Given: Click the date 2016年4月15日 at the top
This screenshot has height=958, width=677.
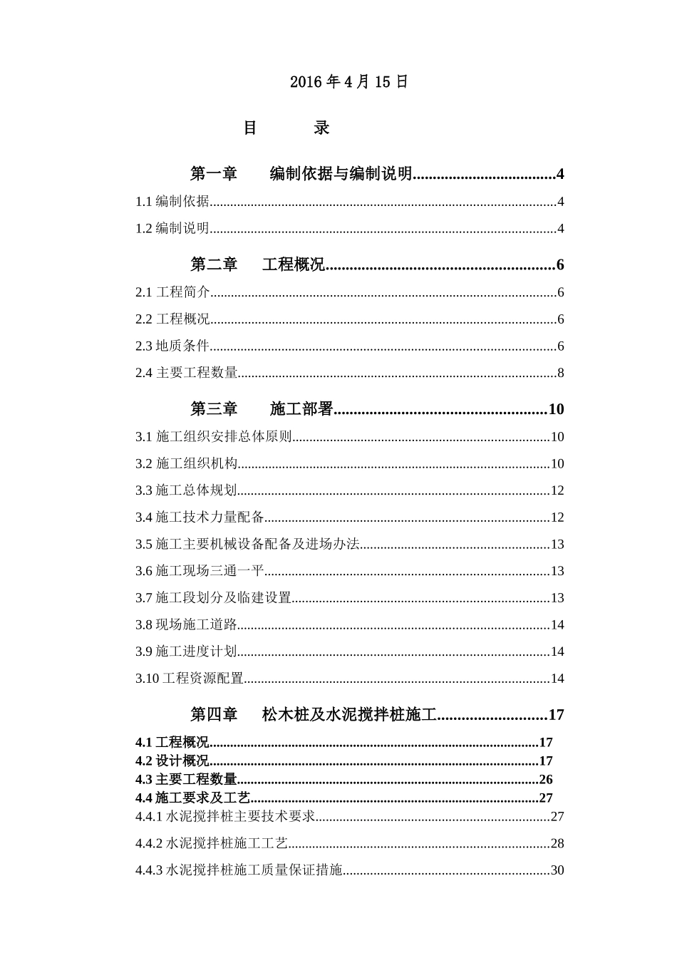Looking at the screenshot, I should point(349,82).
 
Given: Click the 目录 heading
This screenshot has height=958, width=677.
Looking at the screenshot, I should point(286,128).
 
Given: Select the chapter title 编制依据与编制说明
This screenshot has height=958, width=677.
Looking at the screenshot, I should point(341,173).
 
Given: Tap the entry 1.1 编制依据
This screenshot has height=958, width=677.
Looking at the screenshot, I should point(172,202).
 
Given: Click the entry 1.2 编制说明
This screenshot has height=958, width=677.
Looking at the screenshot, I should point(172,229).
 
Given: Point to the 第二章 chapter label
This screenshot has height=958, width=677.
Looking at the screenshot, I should point(214,265).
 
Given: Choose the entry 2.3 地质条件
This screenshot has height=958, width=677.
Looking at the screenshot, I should point(172,346).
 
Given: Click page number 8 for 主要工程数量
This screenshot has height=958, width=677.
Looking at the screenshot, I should point(561,373).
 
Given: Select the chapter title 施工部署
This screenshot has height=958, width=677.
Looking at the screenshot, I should point(301,409).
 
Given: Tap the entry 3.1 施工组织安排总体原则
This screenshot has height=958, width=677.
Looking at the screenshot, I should point(214,437).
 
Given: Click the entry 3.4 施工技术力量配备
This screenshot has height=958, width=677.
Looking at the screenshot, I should point(200,517).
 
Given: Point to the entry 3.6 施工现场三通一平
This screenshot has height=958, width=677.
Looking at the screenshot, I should point(200,571).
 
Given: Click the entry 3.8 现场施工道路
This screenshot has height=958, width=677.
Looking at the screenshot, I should point(186,625).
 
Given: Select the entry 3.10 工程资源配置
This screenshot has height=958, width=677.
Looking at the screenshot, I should point(190,679).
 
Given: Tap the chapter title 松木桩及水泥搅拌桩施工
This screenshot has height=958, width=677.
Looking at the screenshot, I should point(348,714).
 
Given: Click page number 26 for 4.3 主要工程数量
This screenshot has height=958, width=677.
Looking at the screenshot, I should point(546,780).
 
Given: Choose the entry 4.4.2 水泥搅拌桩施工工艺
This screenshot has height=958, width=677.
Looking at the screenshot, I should point(212,844).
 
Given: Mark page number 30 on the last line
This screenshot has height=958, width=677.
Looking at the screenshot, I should point(557,870).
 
